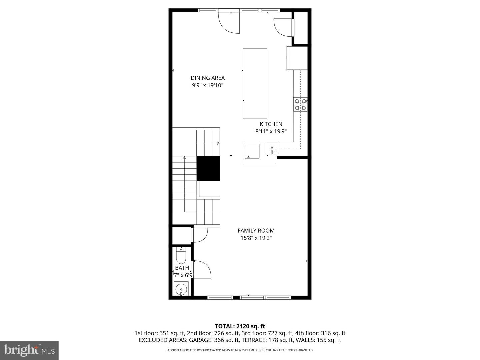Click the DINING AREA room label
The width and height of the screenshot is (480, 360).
(x=207, y=78)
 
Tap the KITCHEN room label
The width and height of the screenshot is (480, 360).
(x=271, y=124)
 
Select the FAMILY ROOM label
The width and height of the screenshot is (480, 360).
(x=256, y=230)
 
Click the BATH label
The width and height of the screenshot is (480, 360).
(x=182, y=268)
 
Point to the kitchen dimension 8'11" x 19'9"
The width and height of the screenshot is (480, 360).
(x=271, y=131)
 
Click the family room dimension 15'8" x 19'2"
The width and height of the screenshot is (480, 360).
(x=256, y=238)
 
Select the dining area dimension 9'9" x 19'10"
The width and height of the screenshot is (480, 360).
(x=207, y=85)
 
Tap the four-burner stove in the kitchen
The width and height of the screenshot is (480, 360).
(x=300, y=104)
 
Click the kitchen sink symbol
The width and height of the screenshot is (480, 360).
(x=272, y=148)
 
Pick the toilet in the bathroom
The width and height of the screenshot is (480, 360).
(x=181, y=256)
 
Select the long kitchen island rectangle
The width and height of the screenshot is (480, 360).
(x=255, y=83)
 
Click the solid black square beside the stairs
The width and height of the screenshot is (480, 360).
(x=208, y=168)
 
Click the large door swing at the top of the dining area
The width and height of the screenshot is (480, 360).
(x=229, y=23)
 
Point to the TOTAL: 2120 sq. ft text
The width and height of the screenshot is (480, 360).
(x=240, y=326)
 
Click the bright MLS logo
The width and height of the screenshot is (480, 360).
(x=29, y=350)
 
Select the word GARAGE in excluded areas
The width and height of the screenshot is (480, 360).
(x=199, y=340)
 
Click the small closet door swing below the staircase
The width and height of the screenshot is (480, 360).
(x=200, y=235)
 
